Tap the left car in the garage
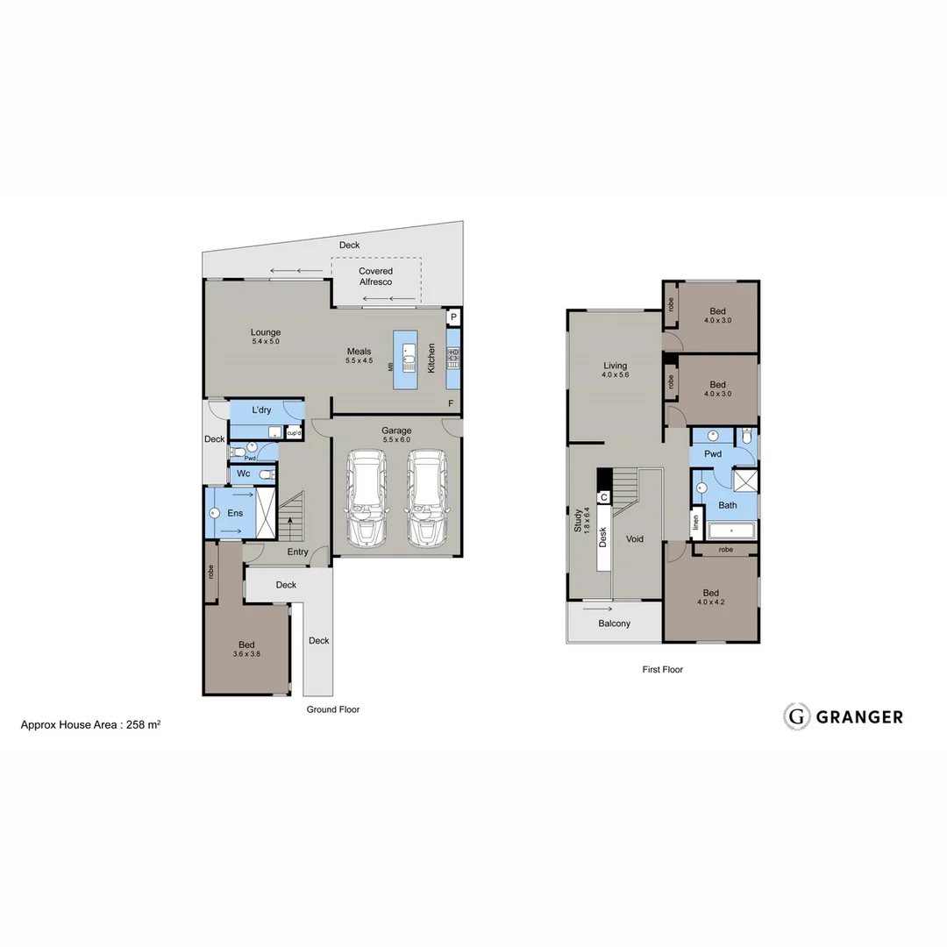[x=367, y=498]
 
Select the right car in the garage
[x=425, y=498]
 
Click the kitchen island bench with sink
[x=407, y=360]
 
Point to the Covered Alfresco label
[x=375, y=276]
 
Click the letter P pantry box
[x=453, y=317]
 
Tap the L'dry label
[x=261, y=410]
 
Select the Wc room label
[x=244, y=473]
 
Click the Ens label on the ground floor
[x=235, y=513]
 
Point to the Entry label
[x=297, y=552]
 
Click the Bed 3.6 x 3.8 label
[x=246, y=650]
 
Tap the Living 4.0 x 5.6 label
[x=615, y=370]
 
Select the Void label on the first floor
[x=635, y=538]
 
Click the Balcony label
[x=614, y=623]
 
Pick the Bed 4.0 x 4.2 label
[x=710, y=597]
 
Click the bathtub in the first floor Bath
[x=731, y=530]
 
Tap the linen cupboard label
[x=696, y=524]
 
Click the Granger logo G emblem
[x=796, y=716]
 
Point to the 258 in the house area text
[x=137, y=725]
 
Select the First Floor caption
[x=662, y=669]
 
